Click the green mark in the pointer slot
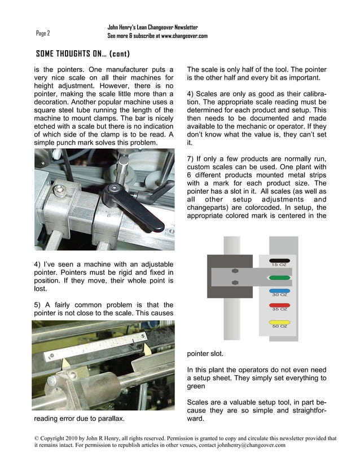pos(279,278)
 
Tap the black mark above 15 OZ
pos(279,261)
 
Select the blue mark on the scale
pos(279,291)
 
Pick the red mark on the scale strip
pos(279,305)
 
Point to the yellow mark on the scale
pos(279,322)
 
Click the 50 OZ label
pos(280,326)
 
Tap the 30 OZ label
pos(280,295)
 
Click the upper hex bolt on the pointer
pos(235,271)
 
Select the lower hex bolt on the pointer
pos(235,282)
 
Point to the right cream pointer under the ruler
pos(147,348)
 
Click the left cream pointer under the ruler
pos(65,364)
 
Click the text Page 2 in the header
pos(43,33)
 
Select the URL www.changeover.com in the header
pos(185,36)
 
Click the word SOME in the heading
pos(45,54)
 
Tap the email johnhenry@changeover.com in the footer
pos(251,445)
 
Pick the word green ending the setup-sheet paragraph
pos(196,386)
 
